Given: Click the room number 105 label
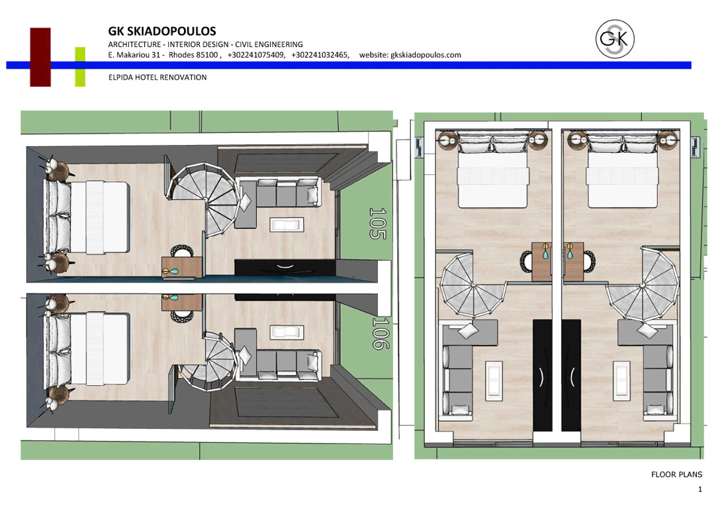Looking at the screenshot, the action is (x=377, y=223).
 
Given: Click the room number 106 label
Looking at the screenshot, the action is (x=381, y=333).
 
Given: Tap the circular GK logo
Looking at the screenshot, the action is (x=615, y=39).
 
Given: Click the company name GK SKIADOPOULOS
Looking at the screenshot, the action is (x=162, y=31).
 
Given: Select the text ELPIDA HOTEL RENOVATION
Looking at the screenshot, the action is (x=158, y=77).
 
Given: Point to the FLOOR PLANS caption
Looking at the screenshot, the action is (x=676, y=474).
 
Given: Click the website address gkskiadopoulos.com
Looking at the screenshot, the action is (x=426, y=55).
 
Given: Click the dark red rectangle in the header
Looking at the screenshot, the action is (x=40, y=57).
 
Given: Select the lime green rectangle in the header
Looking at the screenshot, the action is (x=80, y=67).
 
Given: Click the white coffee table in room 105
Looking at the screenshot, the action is (x=287, y=225).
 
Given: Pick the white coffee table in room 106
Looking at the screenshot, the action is (x=287, y=332).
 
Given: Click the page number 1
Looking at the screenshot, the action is (x=700, y=489).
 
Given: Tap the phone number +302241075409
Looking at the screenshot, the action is (x=256, y=55).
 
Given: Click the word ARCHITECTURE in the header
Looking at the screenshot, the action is (x=134, y=44).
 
